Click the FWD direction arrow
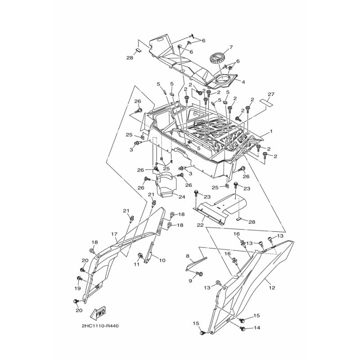coord(98,313)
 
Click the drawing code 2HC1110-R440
coord(100,326)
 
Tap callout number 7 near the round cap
coord(230,47)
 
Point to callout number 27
coord(271,94)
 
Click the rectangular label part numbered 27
coord(266,103)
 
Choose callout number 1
coord(271,131)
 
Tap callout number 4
coord(243,82)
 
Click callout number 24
coord(182,197)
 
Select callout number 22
coord(200,225)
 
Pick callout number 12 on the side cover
coord(272,288)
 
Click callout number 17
coord(114,234)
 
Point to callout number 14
coord(257,328)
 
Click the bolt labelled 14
coord(243,328)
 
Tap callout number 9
coord(190,281)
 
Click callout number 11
coord(137,264)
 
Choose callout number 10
coord(162,261)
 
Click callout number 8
coord(188,256)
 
